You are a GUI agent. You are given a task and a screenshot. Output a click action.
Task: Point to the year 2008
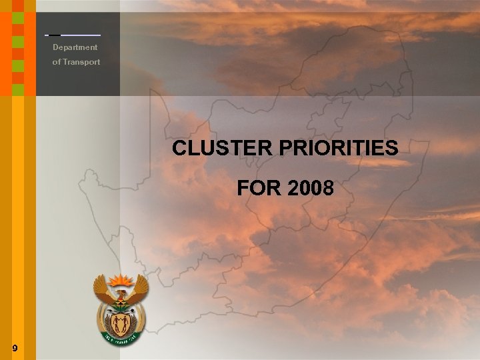pos(311,189)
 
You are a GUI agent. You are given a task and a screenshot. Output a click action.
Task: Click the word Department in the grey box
pos(75,47)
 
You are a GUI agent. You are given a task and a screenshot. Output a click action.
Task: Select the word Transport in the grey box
pos(81,62)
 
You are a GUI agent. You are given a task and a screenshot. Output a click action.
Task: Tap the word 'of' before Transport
pos(57,62)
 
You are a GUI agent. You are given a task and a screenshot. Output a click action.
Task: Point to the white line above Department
pos(80,35)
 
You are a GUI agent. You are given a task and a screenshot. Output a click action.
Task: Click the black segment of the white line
pos(54,35)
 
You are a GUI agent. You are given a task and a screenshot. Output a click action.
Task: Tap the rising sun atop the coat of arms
pos(121,278)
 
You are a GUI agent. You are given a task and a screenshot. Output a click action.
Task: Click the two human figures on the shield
pos(121,325)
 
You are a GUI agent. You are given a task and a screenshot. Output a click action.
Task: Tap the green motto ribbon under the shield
pos(121,340)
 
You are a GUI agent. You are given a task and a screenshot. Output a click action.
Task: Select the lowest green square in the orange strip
pos(18,89)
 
